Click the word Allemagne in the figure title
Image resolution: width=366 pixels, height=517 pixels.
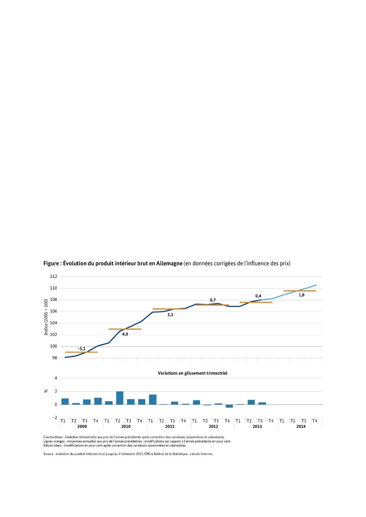169,263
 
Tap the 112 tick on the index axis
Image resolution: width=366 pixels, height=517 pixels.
53,277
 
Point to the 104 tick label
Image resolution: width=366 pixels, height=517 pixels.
53,323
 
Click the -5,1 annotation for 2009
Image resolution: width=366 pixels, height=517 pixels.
81,349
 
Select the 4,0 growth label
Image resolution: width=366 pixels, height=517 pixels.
125,334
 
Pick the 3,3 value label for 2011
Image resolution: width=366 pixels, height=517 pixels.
170,315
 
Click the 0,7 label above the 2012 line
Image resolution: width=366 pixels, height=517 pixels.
213,300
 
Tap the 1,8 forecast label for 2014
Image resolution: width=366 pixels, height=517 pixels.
301,295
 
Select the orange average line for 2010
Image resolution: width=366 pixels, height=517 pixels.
125,329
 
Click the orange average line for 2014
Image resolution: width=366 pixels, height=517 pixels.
300,291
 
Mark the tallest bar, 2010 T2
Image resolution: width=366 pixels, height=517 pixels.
120,398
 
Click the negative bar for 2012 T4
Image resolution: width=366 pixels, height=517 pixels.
229,406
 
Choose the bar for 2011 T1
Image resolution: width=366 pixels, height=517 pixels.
153,399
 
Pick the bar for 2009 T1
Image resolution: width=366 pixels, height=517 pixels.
65,402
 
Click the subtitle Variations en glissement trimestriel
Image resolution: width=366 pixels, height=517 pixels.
192,373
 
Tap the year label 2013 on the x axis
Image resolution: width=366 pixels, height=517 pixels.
257,426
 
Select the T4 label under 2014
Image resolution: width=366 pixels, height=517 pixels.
315,421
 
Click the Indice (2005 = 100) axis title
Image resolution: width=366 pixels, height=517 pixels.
46,317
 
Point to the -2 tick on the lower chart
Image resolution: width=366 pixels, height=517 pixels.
55,418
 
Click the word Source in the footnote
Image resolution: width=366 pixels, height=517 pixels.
48,454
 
